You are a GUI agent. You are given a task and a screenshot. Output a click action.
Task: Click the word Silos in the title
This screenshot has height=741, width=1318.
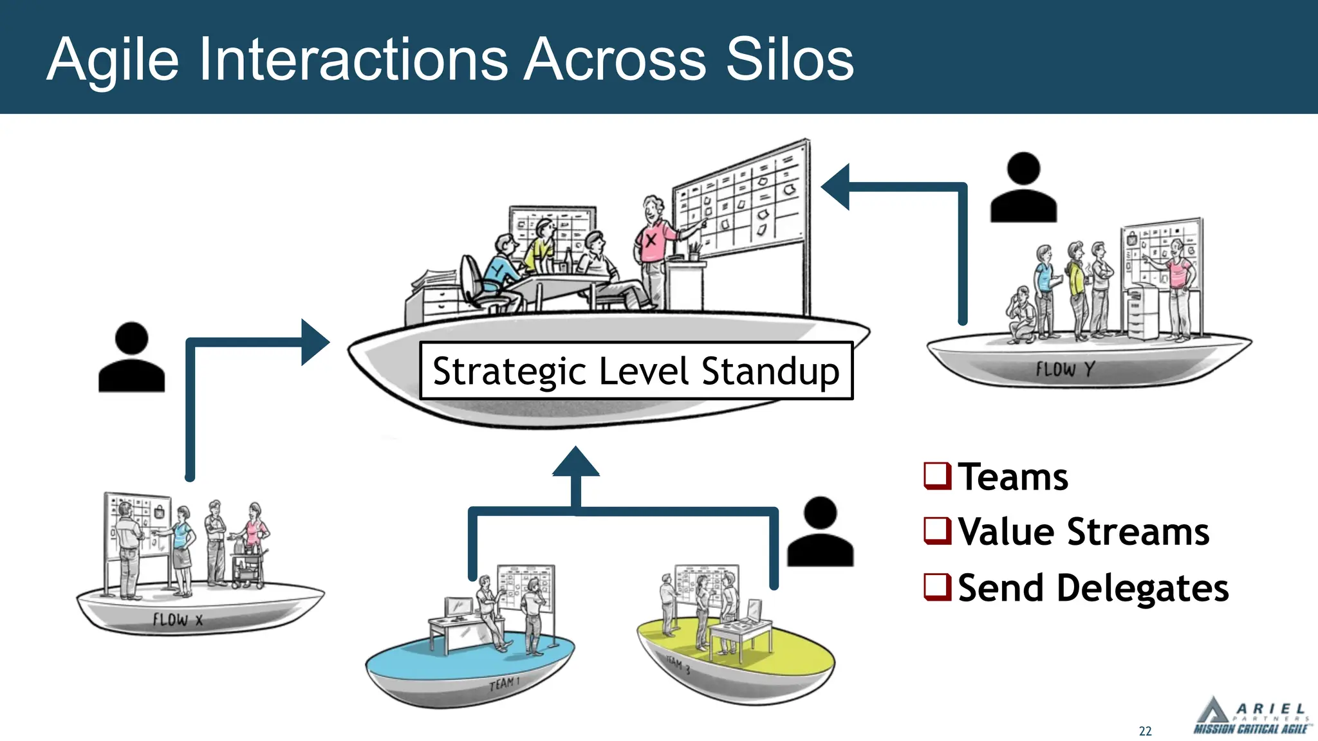coord(790,59)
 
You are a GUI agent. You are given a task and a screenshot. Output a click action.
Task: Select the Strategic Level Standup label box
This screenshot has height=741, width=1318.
coord(636,370)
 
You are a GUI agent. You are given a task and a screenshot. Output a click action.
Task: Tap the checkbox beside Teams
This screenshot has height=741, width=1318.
coord(937,476)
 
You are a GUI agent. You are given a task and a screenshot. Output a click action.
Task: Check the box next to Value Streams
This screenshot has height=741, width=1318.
coord(937,531)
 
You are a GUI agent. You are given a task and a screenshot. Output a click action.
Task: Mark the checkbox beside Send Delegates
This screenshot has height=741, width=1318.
coord(937,587)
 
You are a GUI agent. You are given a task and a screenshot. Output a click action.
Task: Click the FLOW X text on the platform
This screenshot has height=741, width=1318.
coord(178,619)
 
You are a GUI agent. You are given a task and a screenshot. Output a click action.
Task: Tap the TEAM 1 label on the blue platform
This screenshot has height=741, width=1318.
coord(504,683)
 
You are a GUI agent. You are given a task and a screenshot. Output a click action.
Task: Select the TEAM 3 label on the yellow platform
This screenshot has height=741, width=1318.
coord(678,665)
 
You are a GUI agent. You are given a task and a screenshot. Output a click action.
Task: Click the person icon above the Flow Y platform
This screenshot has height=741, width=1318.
coord(1023,188)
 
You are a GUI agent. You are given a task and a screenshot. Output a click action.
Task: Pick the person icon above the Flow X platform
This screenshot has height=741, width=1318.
coord(131,358)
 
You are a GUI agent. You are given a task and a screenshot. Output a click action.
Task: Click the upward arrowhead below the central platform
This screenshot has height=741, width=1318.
coord(576,462)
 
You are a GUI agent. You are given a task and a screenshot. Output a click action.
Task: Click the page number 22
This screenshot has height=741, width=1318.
coord(1146,731)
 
